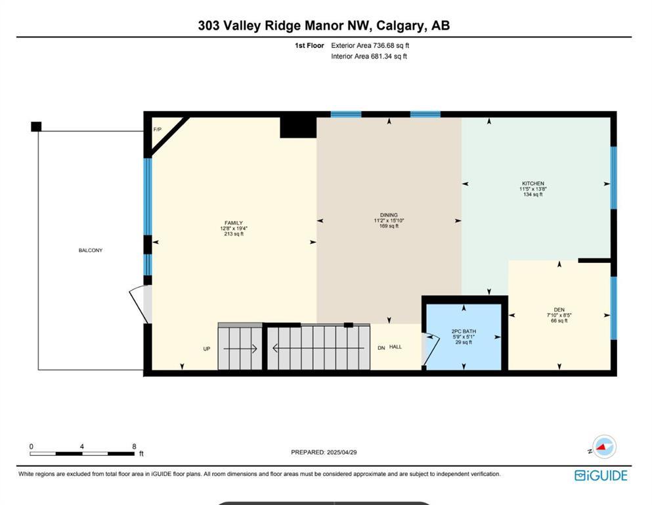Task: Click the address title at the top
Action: pyautogui.click(x=324, y=26)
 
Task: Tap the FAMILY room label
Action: pyautogui.click(x=234, y=223)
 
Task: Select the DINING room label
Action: pyautogui.click(x=389, y=215)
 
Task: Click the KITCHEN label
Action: pyautogui.click(x=532, y=183)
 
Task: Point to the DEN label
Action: pyautogui.click(x=559, y=310)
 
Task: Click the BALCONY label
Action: pyautogui.click(x=91, y=251)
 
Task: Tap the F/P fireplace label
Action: pyautogui.click(x=158, y=130)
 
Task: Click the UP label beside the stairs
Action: pyautogui.click(x=207, y=349)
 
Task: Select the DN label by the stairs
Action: pyautogui.click(x=381, y=347)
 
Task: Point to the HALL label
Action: pyautogui.click(x=395, y=347)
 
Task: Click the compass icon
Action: pyautogui.click(x=603, y=447)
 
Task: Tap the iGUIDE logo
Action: pyautogui.click(x=601, y=475)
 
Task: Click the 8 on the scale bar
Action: pyautogui.click(x=133, y=446)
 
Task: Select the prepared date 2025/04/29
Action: pyautogui.click(x=324, y=452)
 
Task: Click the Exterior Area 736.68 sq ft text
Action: pyautogui.click(x=370, y=45)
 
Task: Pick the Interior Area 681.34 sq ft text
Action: pyautogui.click(x=368, y=57)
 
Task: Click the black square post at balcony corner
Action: pyautogui.click(x=36, y=126)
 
